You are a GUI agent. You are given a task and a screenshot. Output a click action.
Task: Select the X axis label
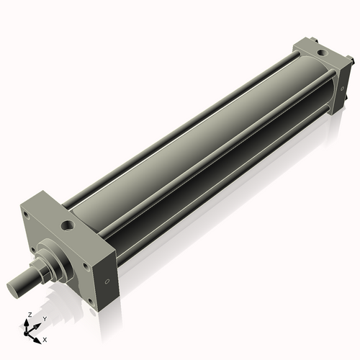pyautogui.click(x=45, y=338)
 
